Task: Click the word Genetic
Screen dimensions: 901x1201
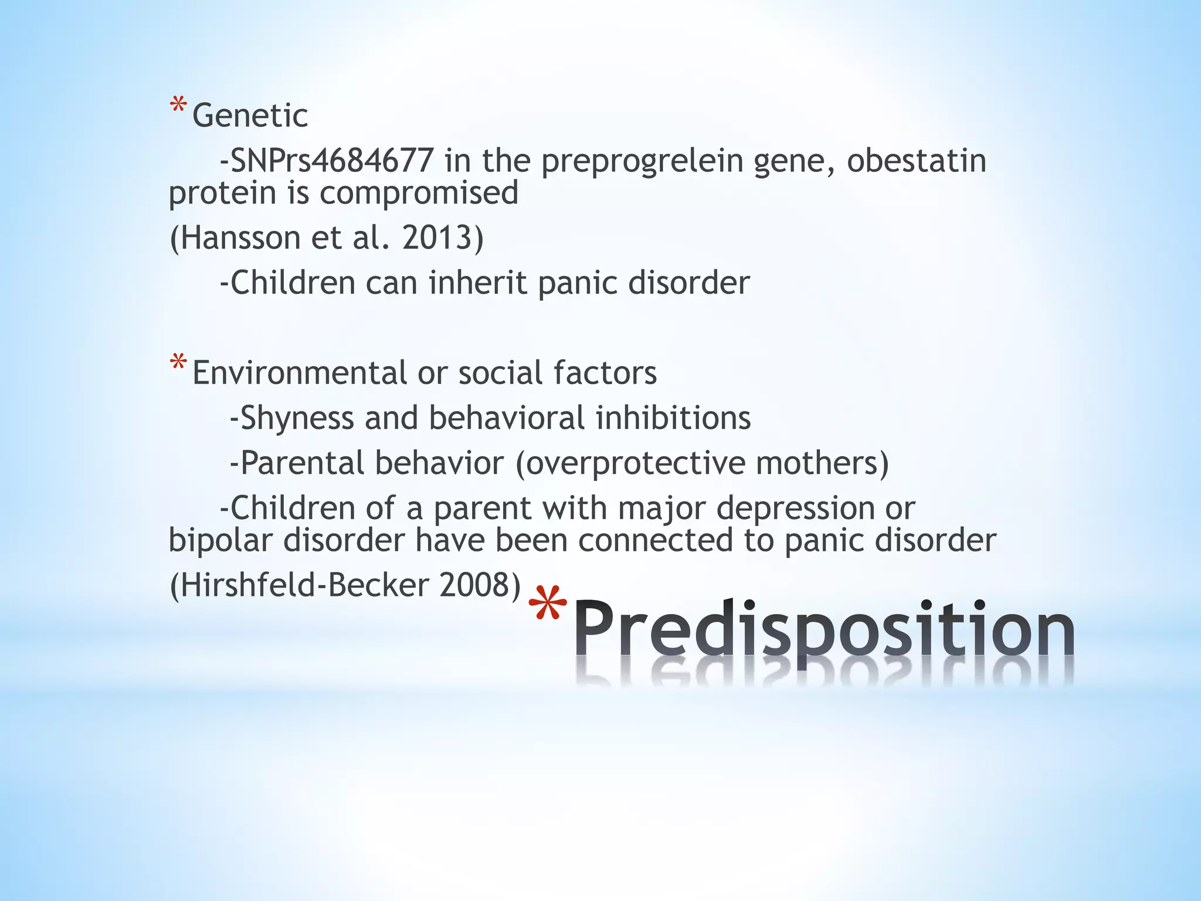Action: tap(250, 116)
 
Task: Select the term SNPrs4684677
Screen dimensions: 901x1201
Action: tap(332, 161)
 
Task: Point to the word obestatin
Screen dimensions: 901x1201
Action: tap(917, 161)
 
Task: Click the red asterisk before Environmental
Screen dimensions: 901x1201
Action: tap(178, 365)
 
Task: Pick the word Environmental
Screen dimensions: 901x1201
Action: tap(299, 373)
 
